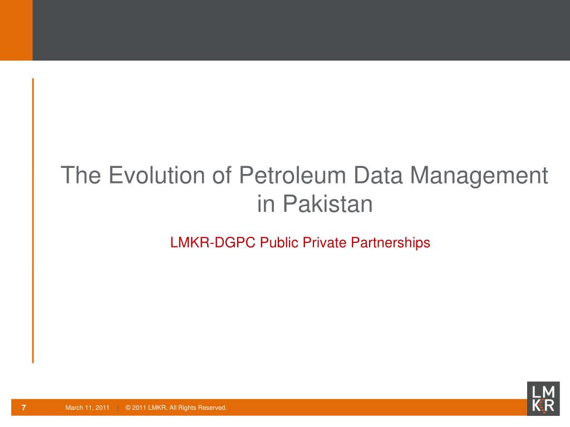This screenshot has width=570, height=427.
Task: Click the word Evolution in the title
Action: tap(156, 176)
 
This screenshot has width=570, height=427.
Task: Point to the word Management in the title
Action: tap(480, 176)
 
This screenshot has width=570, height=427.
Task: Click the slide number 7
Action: tap(23, 408)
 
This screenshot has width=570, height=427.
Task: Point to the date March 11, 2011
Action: tap(87, 408)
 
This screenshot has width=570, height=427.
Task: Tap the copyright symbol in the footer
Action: tap(128, 408)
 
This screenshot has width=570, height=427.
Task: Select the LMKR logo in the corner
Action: tap(543, 399)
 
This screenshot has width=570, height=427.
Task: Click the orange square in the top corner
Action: tap(16, 30)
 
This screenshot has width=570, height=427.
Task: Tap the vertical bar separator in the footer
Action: tap(118, 408)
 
